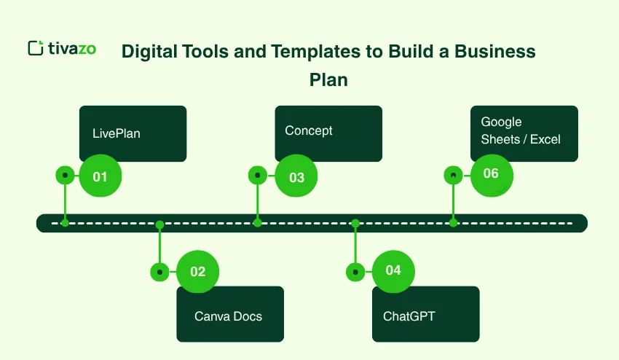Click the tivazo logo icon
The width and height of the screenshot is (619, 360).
coord(35,48)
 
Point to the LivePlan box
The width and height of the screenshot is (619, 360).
coord(133,133)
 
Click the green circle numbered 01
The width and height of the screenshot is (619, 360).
coord(100,176)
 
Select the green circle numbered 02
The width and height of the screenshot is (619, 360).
coord(197,272)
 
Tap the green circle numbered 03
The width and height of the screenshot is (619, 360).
coord(296,176)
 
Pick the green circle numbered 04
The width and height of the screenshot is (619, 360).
coord(393,271)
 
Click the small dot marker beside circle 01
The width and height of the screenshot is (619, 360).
coord(66,176)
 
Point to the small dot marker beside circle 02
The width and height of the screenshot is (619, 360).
coord(159,272)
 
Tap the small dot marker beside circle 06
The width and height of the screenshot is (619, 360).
coord(454,176)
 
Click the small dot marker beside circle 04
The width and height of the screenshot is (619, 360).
coord(355,272)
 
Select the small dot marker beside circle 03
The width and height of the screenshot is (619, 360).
coord(258,176)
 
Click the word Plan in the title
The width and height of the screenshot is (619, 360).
coord(328,79)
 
